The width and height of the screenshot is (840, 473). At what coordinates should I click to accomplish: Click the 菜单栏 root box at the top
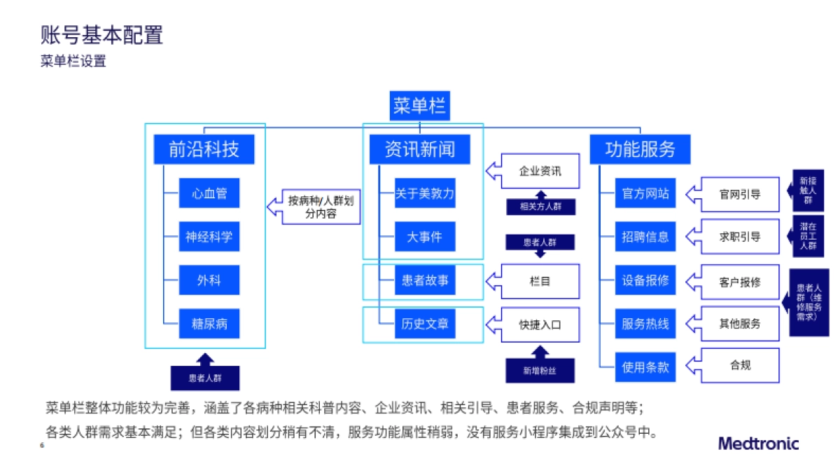pos(419,107)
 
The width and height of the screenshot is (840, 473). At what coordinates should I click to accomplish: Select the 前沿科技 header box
pos(204,149)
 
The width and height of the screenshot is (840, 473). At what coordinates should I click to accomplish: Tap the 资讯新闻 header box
pos(419,149)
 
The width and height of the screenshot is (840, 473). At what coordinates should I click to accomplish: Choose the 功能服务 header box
pos(640,149)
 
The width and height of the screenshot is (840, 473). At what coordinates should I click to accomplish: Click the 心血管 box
pos(209,193)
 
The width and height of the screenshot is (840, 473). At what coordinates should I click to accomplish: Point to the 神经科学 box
pos(209,238)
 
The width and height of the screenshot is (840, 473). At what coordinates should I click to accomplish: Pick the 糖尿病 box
pos(209,324)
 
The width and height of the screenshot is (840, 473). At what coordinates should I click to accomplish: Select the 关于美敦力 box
pos(425,193)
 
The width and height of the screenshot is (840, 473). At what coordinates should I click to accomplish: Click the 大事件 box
pos(425,238)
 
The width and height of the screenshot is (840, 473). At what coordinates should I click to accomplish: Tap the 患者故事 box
pos(425,282)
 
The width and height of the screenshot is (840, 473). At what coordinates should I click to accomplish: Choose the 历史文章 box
pos(425,324)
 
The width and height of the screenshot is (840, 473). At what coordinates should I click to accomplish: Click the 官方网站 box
pos(645,193)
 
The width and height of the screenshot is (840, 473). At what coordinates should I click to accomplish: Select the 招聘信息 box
pos(645,238)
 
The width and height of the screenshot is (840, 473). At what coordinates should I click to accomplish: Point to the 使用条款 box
pos(645,367)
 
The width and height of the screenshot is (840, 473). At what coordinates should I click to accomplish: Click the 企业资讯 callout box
pos(539,171)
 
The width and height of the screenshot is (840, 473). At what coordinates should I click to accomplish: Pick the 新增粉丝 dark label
pos(540,369)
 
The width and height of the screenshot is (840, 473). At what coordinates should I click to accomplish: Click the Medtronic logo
pos(758,443)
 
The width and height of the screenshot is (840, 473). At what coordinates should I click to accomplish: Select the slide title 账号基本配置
pos(102,34)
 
